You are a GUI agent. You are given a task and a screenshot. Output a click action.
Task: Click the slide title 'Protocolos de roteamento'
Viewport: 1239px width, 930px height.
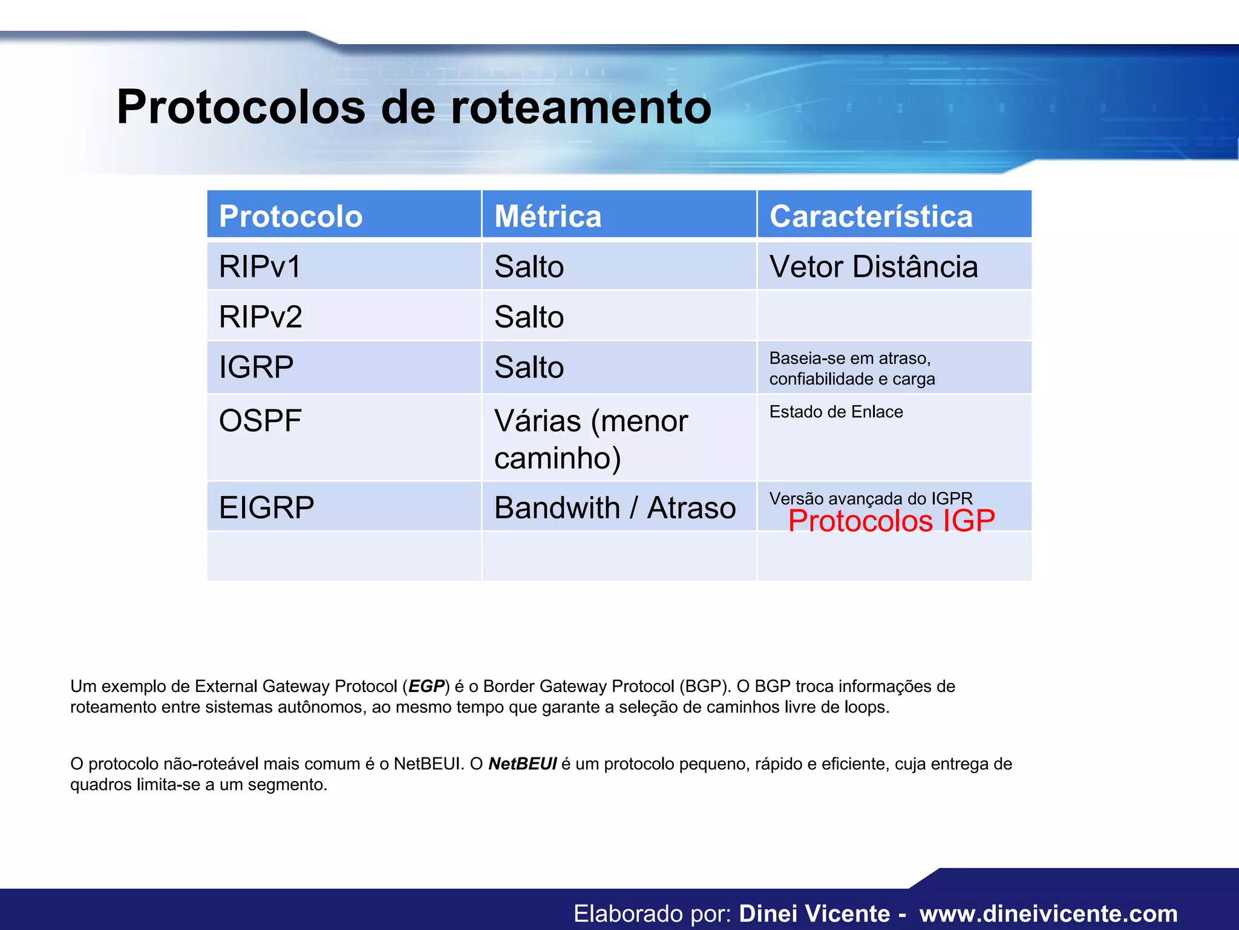click(x=414, y=107)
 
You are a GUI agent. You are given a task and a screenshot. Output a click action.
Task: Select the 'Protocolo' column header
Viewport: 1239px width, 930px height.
click(x=291, y=216)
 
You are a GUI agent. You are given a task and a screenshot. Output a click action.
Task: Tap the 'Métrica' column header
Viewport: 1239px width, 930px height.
click(x=548, y=216)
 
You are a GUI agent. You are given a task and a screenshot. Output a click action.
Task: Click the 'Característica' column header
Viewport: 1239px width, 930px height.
click(x=871, y=216)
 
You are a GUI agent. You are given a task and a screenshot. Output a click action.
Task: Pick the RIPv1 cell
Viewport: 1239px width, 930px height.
click(x=260, y=266)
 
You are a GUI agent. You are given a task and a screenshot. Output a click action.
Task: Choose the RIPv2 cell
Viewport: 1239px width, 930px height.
click(x=261, y=317)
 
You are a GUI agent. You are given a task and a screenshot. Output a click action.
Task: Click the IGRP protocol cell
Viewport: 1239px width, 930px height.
click(x=257, y=367)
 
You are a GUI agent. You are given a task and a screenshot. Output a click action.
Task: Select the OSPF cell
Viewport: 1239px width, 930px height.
click(x=260, y=420)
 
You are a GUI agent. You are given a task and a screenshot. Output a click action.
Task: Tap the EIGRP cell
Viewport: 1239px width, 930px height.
click(x=267, y=507)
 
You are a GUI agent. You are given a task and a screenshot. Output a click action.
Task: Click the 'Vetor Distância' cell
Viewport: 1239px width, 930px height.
click(x=874, y=266)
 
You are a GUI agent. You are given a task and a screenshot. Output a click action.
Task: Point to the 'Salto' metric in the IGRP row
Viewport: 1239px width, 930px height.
click(x=529, y=367)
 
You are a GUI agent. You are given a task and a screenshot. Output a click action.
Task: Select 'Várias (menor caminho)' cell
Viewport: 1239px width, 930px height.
click(x=590, y=438)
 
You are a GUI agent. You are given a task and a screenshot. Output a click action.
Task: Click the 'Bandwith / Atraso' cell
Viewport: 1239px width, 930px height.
click(x=615, y=507)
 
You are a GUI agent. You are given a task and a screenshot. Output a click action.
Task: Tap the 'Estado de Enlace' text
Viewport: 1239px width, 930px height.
click(x=836, y=412)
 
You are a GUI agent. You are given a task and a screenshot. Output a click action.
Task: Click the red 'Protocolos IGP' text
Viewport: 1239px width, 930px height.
click(x=891, y=521)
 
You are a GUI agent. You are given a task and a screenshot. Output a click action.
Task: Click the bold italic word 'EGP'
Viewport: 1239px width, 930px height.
click(x=427, y=686)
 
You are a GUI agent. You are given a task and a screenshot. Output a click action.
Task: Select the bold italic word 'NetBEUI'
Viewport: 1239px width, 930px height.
click(x=522, y=763)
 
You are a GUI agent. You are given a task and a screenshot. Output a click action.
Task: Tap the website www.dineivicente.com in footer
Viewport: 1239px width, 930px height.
click(x=1048, y=913)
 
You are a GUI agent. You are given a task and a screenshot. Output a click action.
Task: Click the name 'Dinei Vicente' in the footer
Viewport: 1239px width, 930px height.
click(x=814, y=913)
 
